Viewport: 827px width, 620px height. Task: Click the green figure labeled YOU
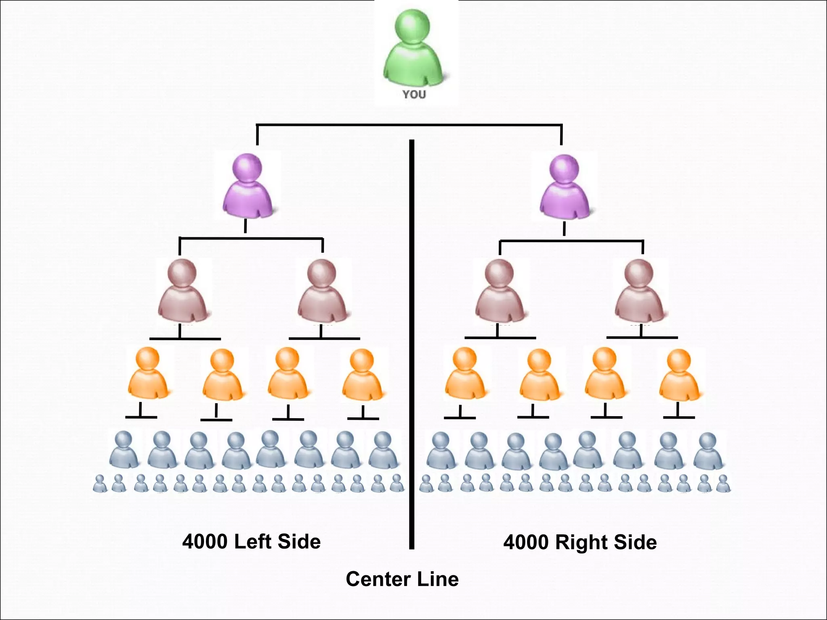pyautogui.click(x=413, y=52)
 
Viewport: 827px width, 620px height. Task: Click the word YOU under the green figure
pyautogui.click(x=414, y=95)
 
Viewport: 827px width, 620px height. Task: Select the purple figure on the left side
pyautogui.click(x=247, y=188)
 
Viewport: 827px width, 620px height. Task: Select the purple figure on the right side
pyautogui.click(x=565, y=188)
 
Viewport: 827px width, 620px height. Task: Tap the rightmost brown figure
pyautogui.click(x=639, y=293)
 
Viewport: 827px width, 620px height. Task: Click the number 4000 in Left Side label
pyautogui.click(x=205, y=542)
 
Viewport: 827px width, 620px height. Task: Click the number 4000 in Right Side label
pyautogui.click(x=526, y=542)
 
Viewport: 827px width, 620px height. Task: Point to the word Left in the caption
pyautogui.click(x=253, y=542)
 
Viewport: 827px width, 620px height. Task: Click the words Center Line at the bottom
pyautogui.click(x=402, y=579)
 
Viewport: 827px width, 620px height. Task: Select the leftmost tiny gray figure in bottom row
pyautogui.click(x=99, y=484)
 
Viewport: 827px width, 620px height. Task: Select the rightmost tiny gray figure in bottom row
pyautogui.click(x=723, y=484)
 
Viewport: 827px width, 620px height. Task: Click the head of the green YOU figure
pyautogui.click(x=412, y=26)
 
